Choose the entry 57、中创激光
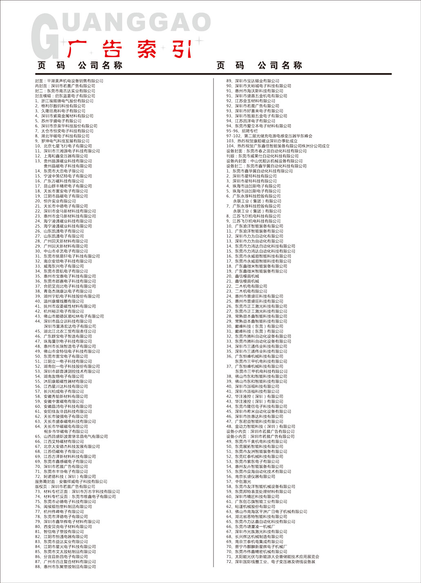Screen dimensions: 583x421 pos(236,482)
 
